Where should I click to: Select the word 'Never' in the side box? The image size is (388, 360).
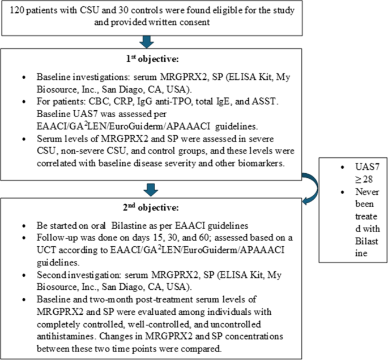coord(355,190)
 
